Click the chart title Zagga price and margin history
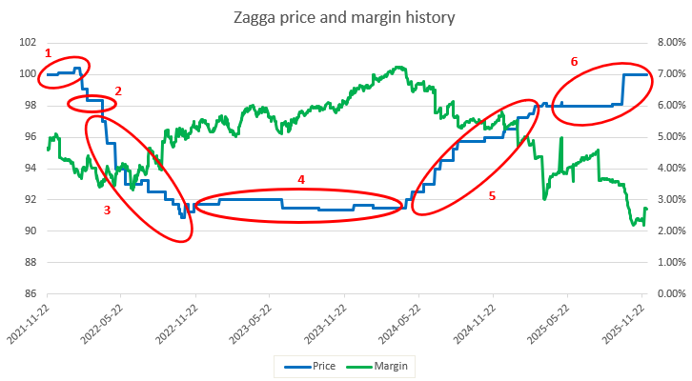[x=347, y=18]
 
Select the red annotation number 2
[x=118, y=90]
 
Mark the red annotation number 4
[x=301, y=179]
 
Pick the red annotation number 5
[x=492, y=196]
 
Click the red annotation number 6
[x=574, y=61]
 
